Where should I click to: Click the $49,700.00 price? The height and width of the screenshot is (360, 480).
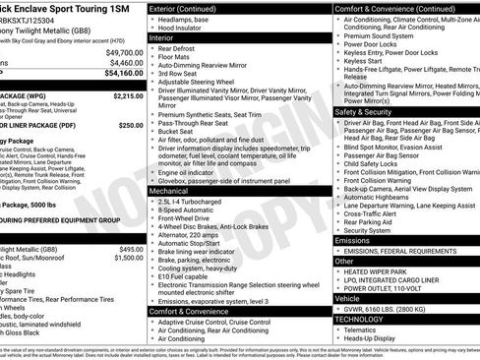[123, 51]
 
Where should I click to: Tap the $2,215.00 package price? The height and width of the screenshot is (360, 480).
[123, 96]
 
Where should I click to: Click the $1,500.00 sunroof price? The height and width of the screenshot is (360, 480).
[129, 258]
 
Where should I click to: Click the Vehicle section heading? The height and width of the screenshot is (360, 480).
[348, 296]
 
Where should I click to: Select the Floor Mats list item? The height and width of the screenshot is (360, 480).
[181, 61]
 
